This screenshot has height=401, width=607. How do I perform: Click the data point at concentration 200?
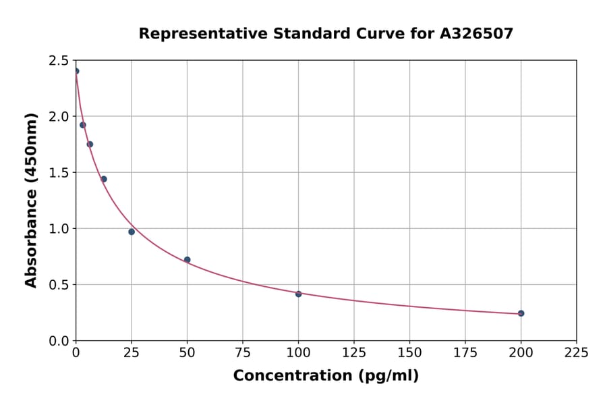pyautogui.click(x=521, y=313)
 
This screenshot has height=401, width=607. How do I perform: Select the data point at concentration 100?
pyautogui.click(x=298, y=294)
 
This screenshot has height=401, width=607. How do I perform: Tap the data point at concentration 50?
pyautogui.click(x=187, y=260)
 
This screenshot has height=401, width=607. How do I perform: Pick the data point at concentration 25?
pyautogui.click(x=132, y=232)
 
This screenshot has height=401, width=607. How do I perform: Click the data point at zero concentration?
pyautogui.click(x=76, y=71)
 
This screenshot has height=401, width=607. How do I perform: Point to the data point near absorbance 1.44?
pyautogui.click(x=104, y=179)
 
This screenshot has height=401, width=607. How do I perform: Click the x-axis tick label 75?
pyautogui.click(x=243, y=352)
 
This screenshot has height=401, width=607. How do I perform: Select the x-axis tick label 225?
pyautogui.click(x=576, y=352)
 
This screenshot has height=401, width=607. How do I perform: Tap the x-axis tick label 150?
pyautogui.click(x=409, y=352)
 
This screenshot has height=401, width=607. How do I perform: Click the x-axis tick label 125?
pyautogui.click(x=354, y=352)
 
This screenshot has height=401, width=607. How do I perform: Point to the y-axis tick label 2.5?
pyautogui.click(x=59, y=61)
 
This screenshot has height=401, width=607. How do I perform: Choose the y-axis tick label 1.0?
pyautogui.click(x=59, y=229)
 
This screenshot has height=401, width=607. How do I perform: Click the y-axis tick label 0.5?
pyautogui.click(x=59, y=285)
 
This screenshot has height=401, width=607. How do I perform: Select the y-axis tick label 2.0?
pyautogui.click(x=59, y=117)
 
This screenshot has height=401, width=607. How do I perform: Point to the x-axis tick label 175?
pyautogui.click(x=465, y=352)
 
